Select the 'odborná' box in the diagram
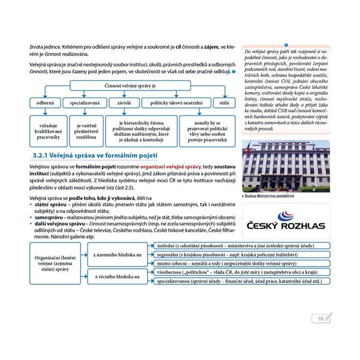45,103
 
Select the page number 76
320,318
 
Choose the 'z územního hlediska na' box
117,254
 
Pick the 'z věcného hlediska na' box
117,276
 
